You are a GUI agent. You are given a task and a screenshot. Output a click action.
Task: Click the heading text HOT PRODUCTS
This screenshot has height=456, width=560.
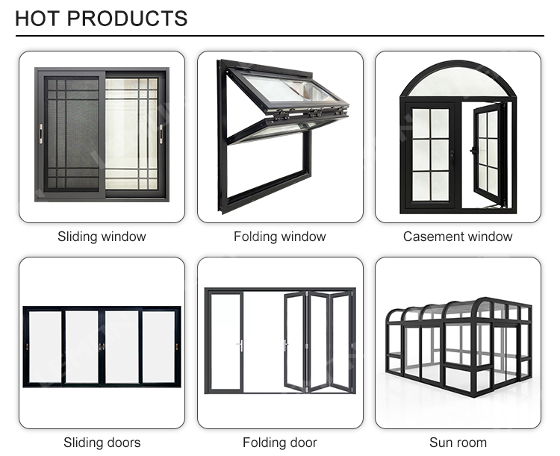click(101, 18)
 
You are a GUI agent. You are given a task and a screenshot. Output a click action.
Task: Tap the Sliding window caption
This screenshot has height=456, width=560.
click(102, 237)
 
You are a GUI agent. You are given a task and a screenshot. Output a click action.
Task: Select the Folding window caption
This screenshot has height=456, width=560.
click(280, 237)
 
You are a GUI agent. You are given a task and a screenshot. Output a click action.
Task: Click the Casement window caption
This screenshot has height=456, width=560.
click(458, 237)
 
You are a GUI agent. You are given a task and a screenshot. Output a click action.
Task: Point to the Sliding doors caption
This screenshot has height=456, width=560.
click(102, 443)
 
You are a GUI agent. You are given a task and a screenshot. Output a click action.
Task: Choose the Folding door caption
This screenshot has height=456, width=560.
click(280, 443)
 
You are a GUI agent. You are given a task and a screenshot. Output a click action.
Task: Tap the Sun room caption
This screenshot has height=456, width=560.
click(458, 443)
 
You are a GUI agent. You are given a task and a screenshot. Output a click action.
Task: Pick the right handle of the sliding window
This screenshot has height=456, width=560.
click(161, 133)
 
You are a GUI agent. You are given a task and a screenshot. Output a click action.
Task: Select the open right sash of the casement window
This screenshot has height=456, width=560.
click(489, 153)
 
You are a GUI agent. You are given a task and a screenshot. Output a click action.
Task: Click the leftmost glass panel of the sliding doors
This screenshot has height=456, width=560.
click(44, 347)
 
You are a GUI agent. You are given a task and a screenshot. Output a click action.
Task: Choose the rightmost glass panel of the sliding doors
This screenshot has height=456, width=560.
click(159, 347)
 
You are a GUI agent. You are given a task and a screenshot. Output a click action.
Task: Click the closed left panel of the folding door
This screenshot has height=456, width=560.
click(225, 342)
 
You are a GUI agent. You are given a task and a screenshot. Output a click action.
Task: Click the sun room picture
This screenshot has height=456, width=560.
click(458, 343)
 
